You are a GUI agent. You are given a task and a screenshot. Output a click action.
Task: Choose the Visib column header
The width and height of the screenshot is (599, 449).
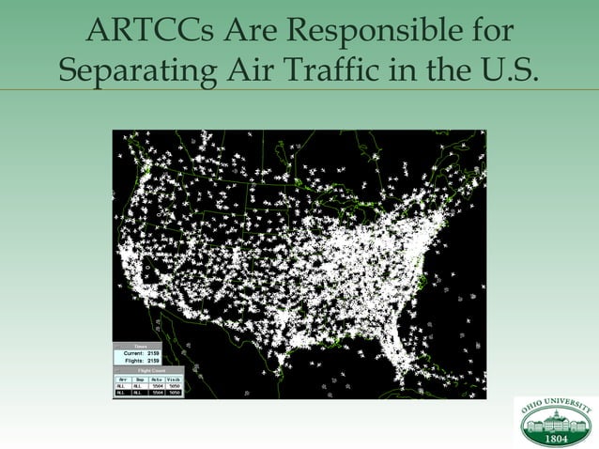pyautogui.click(x=176, y=379)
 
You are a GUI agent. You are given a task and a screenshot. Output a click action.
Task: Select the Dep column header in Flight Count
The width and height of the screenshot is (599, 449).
pyautogui.click(x=139, y=379)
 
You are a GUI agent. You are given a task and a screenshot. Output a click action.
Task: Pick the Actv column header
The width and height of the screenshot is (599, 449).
pyautogui.click(x=157, y=379)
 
